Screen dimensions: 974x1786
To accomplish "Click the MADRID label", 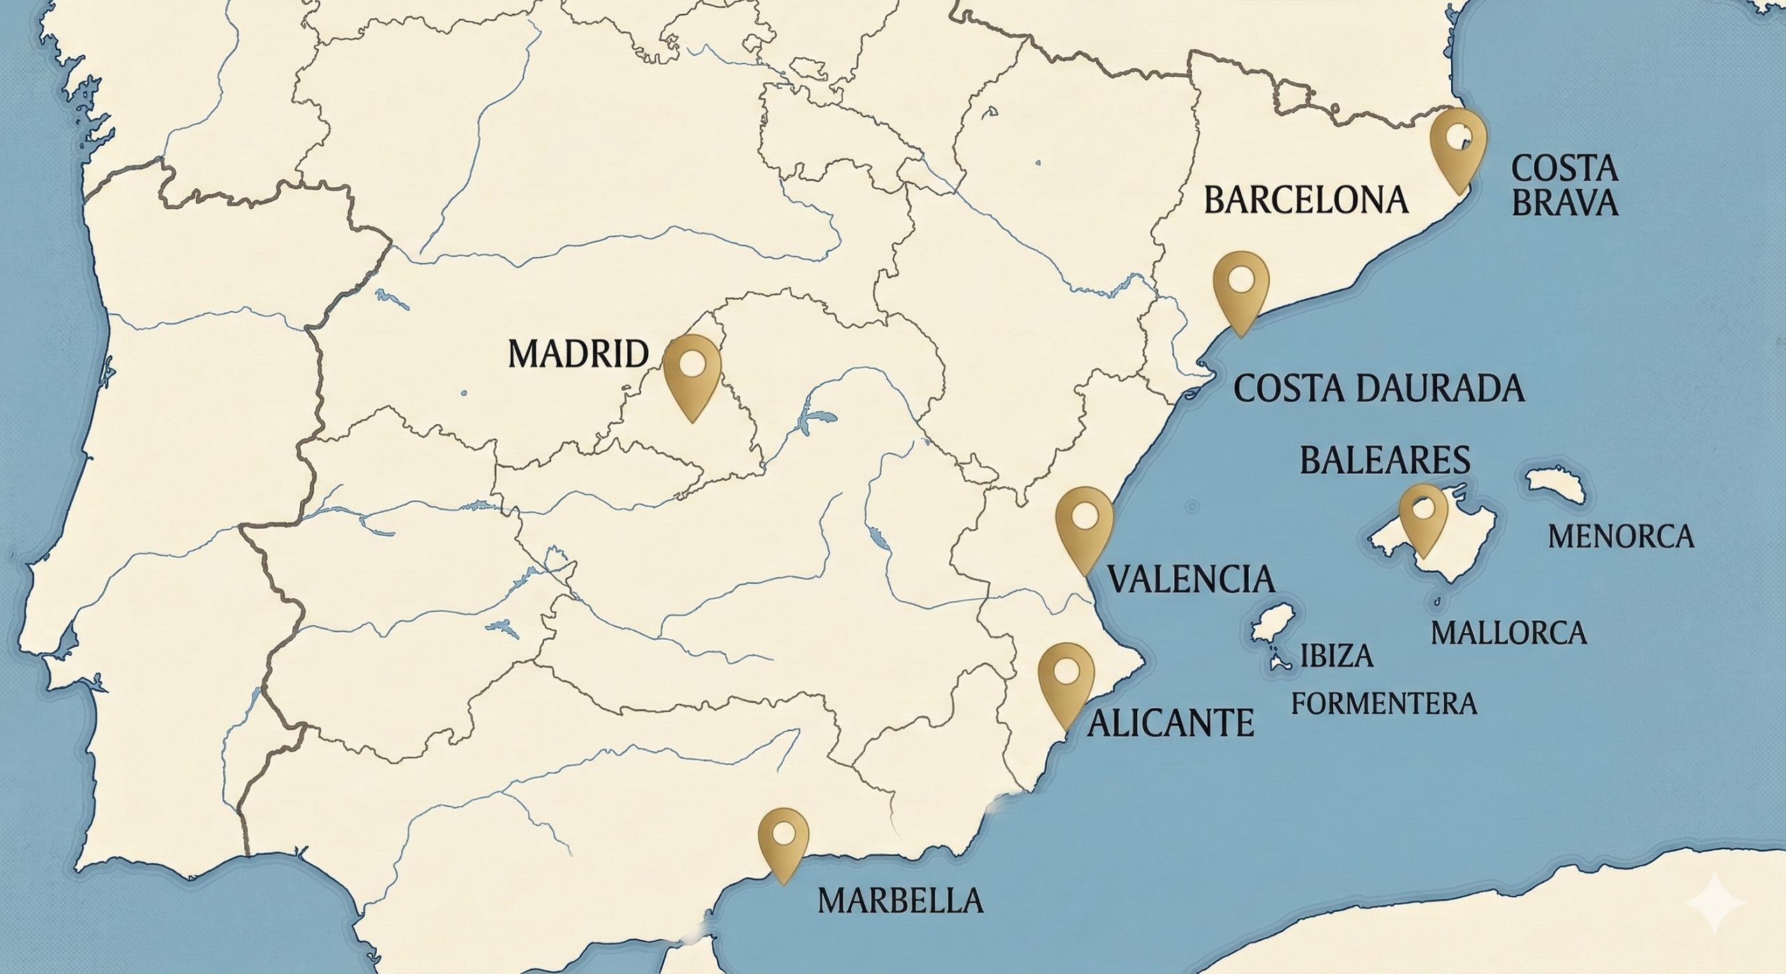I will point(578,354).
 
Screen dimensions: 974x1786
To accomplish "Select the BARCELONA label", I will point(1305,200).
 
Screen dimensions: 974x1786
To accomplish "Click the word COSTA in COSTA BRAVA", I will point(1563,169).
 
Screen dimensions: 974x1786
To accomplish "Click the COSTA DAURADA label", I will point(1379,389).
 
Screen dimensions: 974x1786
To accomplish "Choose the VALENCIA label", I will point(1191,579).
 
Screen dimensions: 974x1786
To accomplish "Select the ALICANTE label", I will point(1171,724).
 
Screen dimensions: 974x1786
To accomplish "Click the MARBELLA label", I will point(900,901).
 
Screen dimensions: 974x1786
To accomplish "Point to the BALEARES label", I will point(1385,460).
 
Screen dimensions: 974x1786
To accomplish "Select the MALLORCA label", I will point(1508,633).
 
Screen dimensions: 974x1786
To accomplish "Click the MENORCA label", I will point(1621,537).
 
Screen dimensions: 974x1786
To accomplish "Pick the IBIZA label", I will point(1337,657).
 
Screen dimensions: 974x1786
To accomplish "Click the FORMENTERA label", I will point(1383,703).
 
